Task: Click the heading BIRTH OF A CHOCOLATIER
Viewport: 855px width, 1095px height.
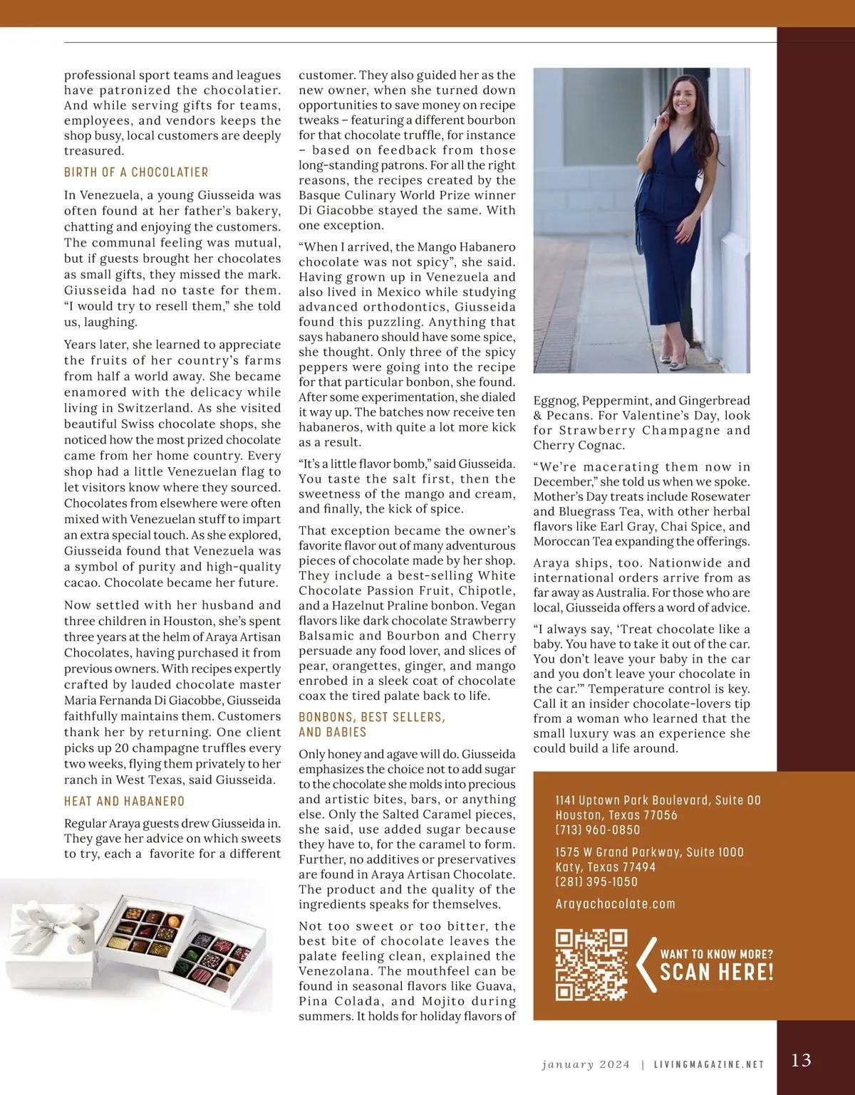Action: pyautogui.click(x=136, y=172)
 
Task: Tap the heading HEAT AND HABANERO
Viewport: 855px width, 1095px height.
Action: pyautogui.click(x=124, y=801)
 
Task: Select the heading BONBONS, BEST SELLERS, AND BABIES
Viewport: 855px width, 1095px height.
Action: pyautogui.click(x=372, y=724)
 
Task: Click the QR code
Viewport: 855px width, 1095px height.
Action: pyautogui.click(x=591, y=964)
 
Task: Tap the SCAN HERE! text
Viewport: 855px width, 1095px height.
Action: pyautogui.click(x=716, y=973)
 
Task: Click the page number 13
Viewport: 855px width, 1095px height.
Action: pyautogui.click(x=801, y=1060)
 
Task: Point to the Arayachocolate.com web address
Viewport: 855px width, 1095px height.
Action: pyautogui.click(x=615, y=903)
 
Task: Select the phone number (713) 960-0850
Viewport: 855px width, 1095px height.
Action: pyautogui.click(x=597, y=829)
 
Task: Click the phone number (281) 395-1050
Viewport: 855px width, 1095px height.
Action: pyautogui.click(x=596, y=881)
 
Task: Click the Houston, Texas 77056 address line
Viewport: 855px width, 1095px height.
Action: pyautogui.click(x=616, y=814)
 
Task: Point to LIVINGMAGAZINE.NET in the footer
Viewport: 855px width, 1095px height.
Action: pyautogui.click(x=709, y=1064)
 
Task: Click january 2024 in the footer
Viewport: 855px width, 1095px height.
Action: pyautogui.click(x=586, y=1064)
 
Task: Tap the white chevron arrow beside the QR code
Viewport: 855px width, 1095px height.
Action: pyautogui.click(x=646, y=965)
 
